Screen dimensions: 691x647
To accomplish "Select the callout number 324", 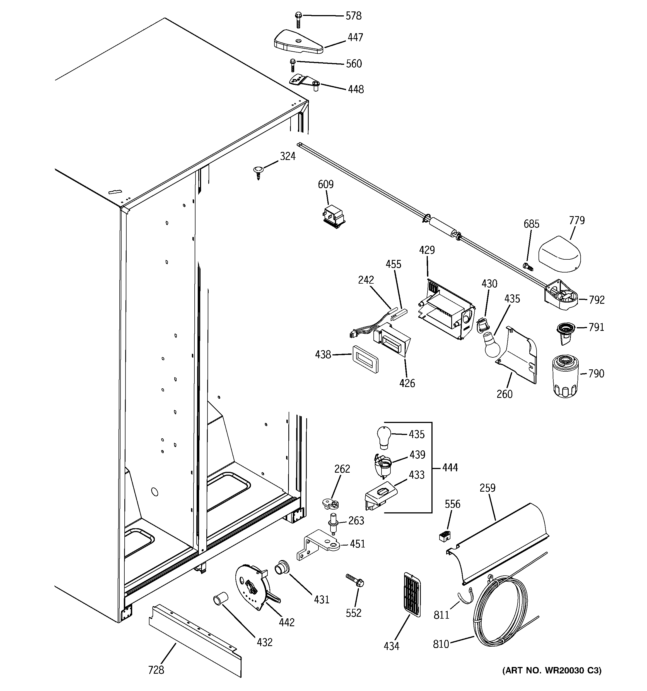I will coord(288,156).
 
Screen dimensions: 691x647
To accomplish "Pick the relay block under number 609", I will coord(333,217).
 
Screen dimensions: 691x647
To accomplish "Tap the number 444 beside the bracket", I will coord(450,467).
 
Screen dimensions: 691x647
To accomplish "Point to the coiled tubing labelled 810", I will coord(500,612).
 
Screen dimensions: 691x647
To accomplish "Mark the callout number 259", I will coord(487,488).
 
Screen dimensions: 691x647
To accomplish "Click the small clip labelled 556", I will coord(445,535).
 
